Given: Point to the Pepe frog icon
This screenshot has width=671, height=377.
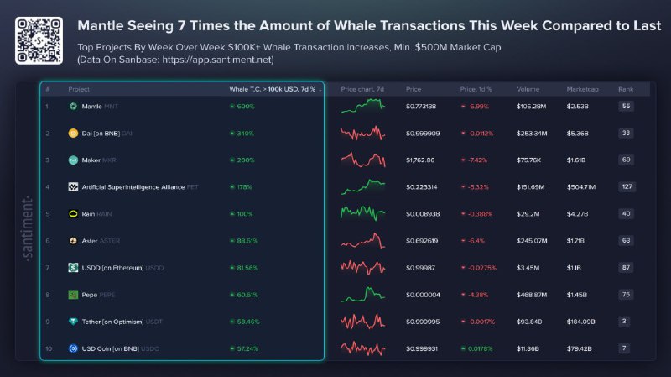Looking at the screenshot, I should pyautogui.click(x=73, y=294).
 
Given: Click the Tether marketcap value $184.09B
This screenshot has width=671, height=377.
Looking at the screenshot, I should pyautogui.click(x=583, y=321).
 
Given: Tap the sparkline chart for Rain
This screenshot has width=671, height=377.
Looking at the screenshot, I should pyautogui.click(x=362, y=213).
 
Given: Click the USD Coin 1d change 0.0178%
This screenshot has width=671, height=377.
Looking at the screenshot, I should pyautogui.click(x=478, y=348).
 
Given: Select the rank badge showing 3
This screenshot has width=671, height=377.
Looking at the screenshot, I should pyautogui.click(x=626, y=321).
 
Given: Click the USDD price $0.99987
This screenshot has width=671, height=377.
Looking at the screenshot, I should pyautogui.click(x=420, y=267).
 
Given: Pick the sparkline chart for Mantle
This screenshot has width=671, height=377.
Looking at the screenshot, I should pyautogui.click(x=362, y=106).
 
